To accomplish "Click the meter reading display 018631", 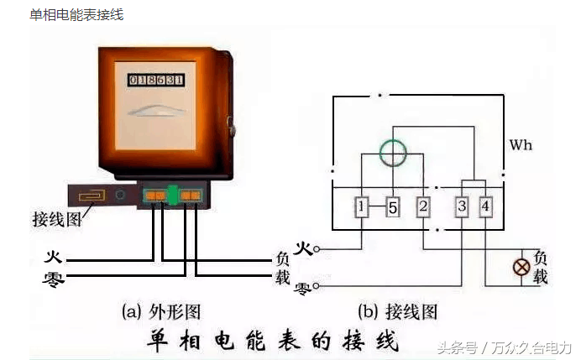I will tap(155, 80).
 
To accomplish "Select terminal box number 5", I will tap(392, 207).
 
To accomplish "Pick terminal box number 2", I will tap(423, 206).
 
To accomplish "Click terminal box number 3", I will tap(462, 206).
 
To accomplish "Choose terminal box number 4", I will tap(487, 206).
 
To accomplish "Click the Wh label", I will tap(521, 145).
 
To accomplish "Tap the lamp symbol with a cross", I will tap(521, 269).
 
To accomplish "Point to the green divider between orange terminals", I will tap(173, 195).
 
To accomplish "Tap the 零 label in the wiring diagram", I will tap(303, 288).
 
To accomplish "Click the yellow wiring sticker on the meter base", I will tap(93, 196).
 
